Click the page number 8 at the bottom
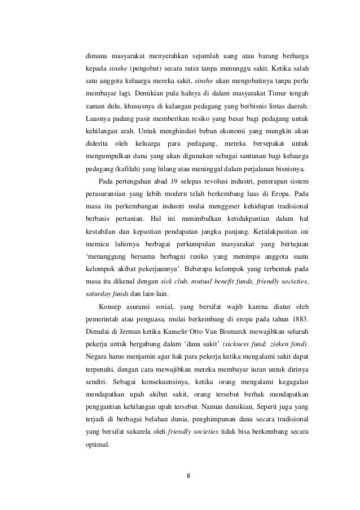coord(188,474)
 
